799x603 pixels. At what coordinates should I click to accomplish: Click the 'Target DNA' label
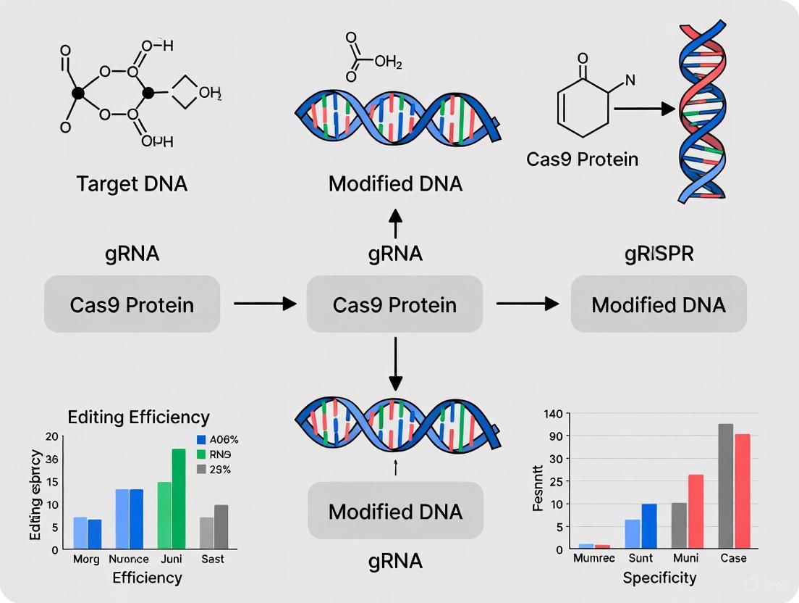[x=132, y=183]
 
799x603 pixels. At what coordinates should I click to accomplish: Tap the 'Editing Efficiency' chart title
[x=138, y=417]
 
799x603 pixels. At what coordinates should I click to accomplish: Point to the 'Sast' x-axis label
[x=212, y=560]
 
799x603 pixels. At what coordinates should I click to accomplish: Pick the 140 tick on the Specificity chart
[x=553, y=413]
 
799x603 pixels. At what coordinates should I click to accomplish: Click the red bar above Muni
[x=696, y=511]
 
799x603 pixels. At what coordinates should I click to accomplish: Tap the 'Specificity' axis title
[x=659, y=578]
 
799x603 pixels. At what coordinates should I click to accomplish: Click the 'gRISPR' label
[x=659, y=254]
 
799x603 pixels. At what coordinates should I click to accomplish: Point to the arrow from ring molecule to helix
[x=644, y=109]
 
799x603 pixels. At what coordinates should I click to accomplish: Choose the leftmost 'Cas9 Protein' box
[x=132, y=304]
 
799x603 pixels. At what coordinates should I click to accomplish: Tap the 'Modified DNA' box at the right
[x=659, y=304]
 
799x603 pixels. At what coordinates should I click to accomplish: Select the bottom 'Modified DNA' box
[x=395, y=512]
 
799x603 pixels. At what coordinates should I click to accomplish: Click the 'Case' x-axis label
[x=733, y=558]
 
